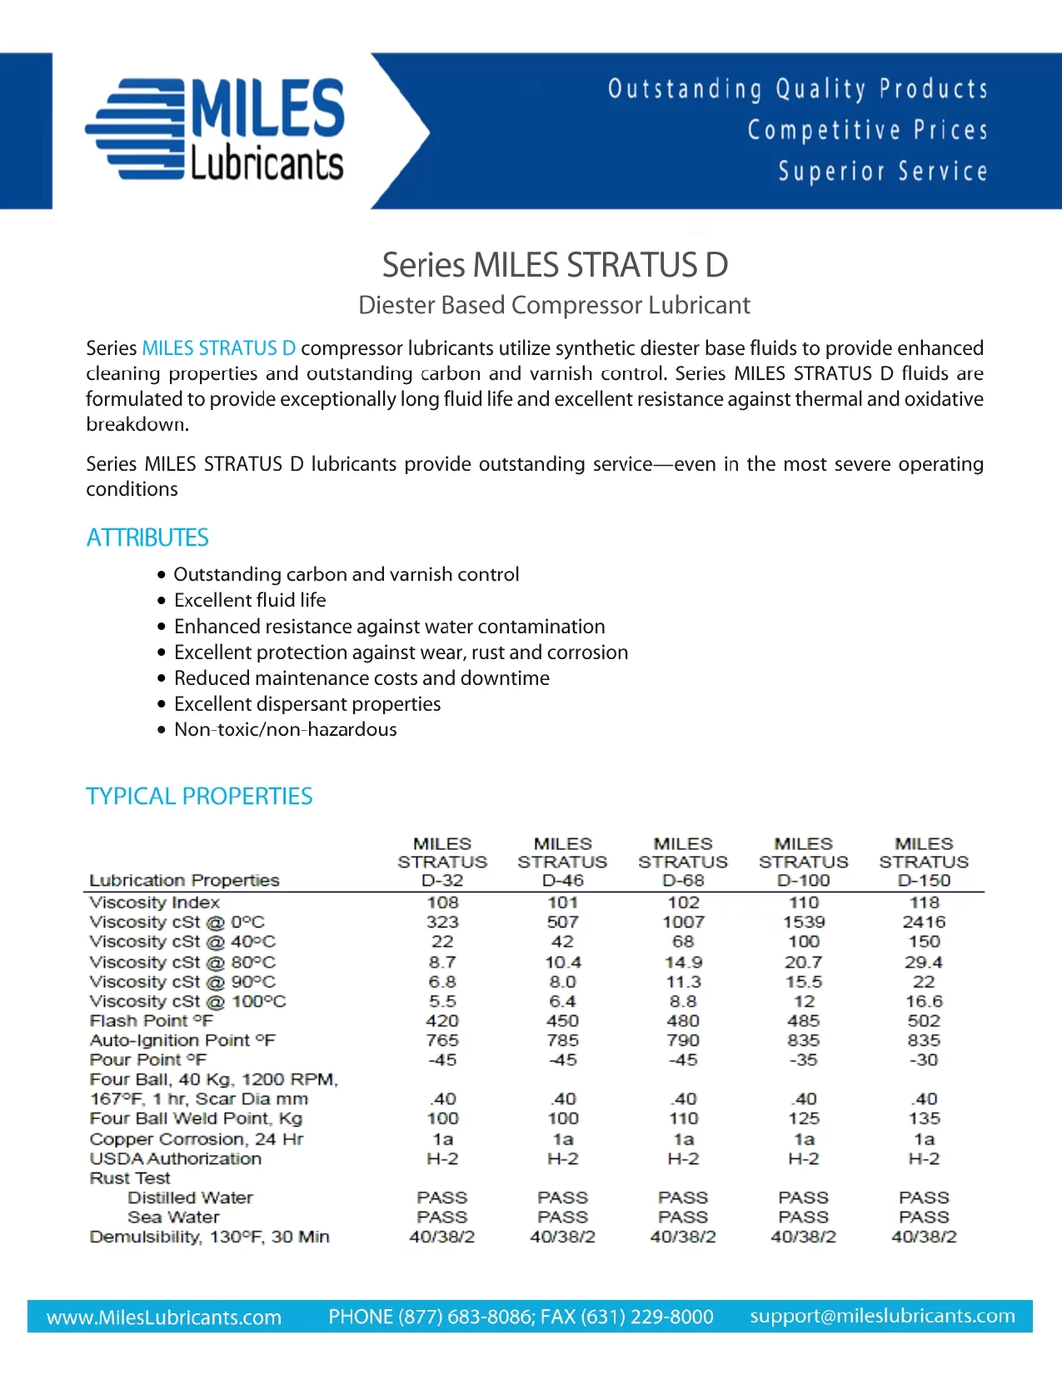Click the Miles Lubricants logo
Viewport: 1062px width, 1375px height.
coord(215,130)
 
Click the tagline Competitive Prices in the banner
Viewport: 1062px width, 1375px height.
coord(867,130)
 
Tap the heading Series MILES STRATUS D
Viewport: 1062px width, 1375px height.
coord(555,265)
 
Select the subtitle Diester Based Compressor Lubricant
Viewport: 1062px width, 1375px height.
coord(554,305)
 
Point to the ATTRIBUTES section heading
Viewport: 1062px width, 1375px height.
coord(147,537)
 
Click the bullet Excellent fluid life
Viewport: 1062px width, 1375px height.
coord(250,600)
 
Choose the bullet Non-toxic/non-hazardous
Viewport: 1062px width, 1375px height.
coord(285,729)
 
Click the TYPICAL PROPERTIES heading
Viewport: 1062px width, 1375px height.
coord(199,796)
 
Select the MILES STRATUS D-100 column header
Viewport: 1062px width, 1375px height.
coord(804,862)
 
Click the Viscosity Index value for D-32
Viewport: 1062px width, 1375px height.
coord(442,902)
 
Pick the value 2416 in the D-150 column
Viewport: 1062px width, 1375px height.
coord(924,922)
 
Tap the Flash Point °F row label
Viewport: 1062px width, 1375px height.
coord(152,1021)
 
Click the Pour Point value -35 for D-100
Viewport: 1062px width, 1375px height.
coord(804,1060)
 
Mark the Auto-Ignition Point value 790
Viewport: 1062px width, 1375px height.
coord(683,1040)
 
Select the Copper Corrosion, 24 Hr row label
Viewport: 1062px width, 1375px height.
coord(197,1139)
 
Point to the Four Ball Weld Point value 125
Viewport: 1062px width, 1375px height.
coord(804,1118)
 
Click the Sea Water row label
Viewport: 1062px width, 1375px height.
coord(173,1217)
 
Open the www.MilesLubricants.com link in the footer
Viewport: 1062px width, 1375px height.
coord(164,1317)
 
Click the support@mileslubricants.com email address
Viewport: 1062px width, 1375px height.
coord(882,1316)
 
